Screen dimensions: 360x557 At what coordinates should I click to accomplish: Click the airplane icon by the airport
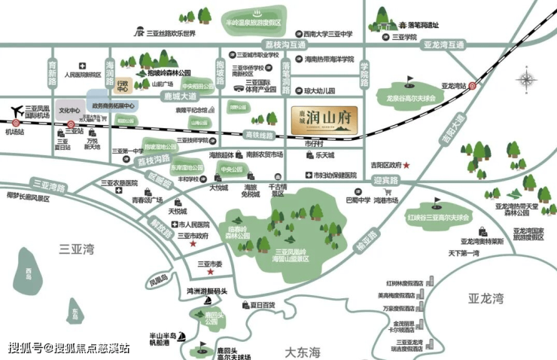pyautogui.click(x=17, y=112)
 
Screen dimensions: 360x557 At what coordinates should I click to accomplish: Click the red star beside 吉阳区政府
pyautogui.click(x=406, y=164)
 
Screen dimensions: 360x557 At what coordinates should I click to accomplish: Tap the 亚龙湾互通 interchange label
pyautogui.click(x=443, y=44)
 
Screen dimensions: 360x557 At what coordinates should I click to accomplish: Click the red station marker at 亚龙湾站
pyautogui.click(x=472, y=87)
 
